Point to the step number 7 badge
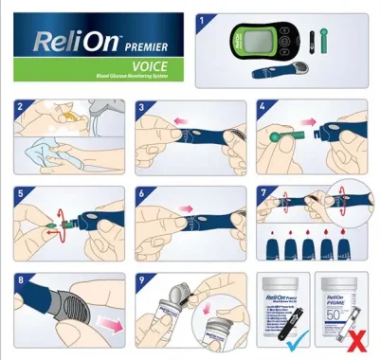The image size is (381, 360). [264, 194]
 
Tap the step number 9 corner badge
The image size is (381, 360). [143, 281]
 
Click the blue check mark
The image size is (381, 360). [295, 338]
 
